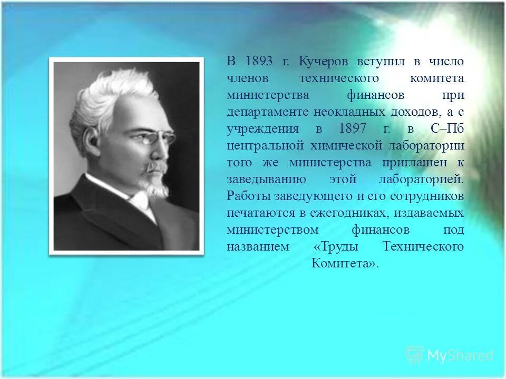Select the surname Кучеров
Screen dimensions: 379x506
pos(324,62)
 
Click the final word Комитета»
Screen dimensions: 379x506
pos(345,263)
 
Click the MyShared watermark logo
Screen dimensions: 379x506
pos(450,356)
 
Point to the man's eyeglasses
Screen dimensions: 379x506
pos(153,138)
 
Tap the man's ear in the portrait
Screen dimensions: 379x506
pos(93,139)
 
